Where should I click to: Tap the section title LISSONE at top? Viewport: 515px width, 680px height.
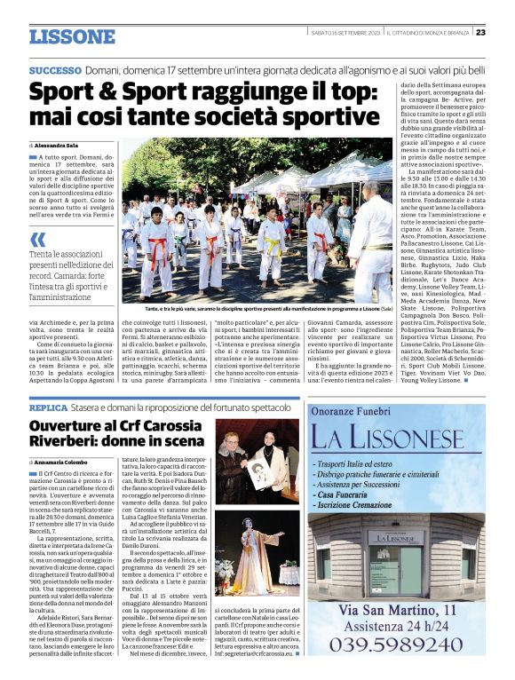(72, 36)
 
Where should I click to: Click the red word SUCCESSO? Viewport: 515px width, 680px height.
(55, 69)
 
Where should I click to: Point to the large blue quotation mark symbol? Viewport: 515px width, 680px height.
(37, 240)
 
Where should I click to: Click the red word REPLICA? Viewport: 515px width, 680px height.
(48, 407)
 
